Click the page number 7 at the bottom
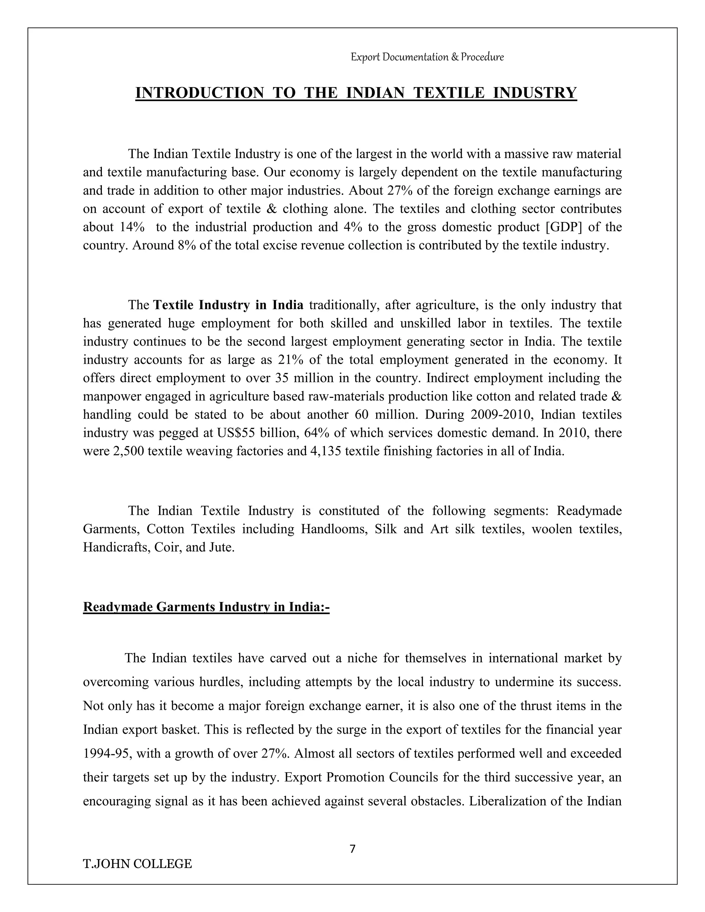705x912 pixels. pos(352,849)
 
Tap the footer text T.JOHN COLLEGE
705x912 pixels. pos(137,863)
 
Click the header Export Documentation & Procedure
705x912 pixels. pos(427,57)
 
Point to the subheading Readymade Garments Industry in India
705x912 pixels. pos(206,607)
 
